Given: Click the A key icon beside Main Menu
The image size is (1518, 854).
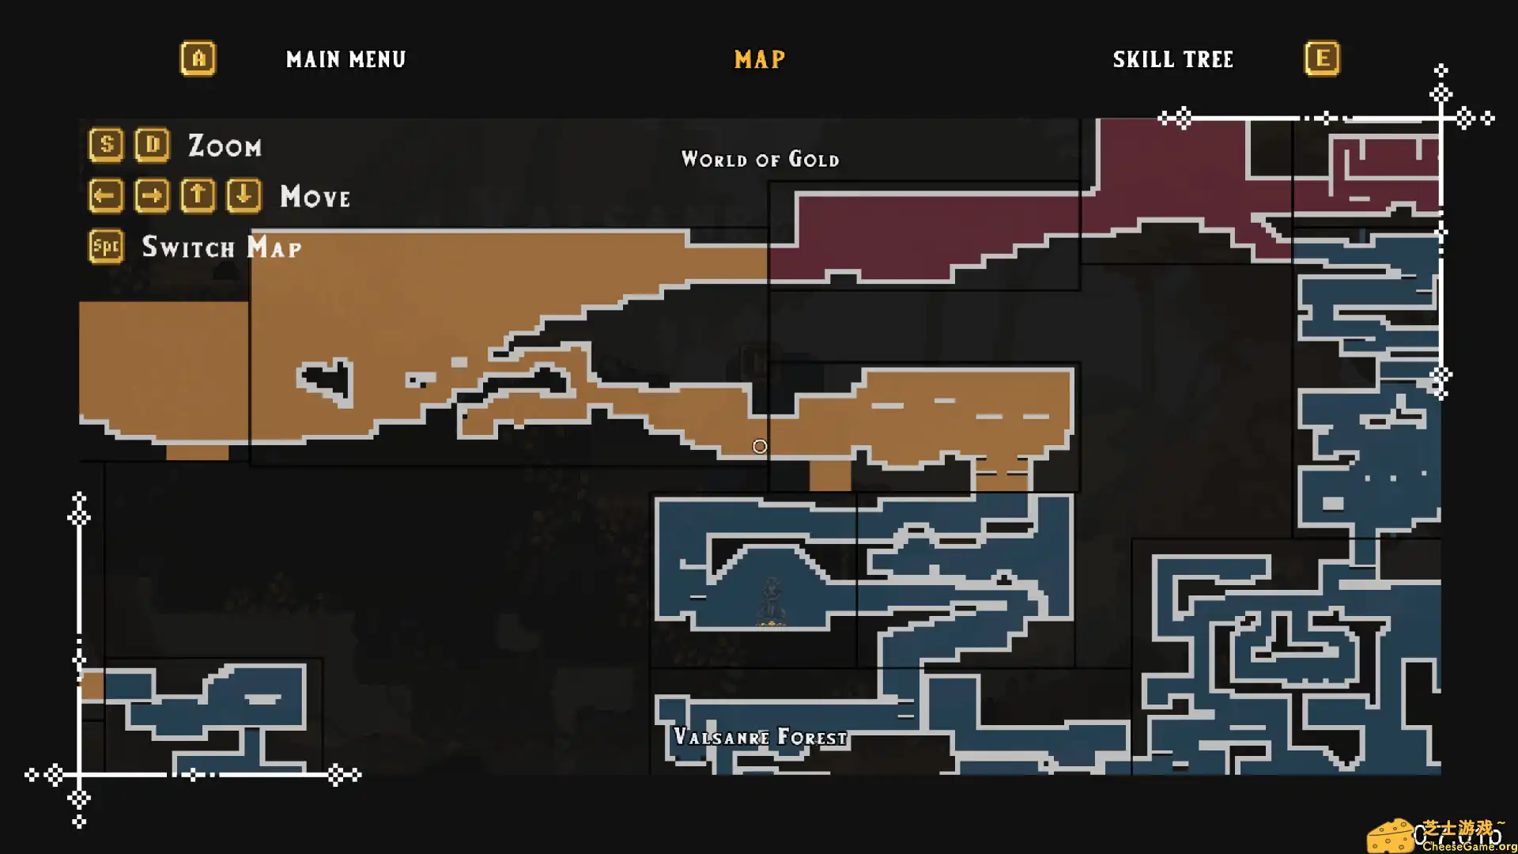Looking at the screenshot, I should pos(198,59).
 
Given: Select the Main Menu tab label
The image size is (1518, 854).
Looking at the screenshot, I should pos(346,59).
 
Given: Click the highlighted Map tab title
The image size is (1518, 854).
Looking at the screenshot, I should pos(759,59).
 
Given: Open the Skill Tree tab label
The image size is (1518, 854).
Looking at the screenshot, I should pos(1172,59).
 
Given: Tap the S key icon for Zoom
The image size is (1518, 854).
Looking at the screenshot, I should pos(106,145).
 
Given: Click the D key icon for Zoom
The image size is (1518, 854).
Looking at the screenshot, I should pos(152,145).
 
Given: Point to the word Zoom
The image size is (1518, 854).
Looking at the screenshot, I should pos(225,146).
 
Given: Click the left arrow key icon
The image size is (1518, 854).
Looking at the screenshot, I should pos(106,195).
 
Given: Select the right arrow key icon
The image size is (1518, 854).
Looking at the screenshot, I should pos(152,195).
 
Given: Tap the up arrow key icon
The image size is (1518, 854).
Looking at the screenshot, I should pos(198,195).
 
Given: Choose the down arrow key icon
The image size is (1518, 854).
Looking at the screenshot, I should pos(244,195).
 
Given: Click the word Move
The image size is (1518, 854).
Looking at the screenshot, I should pos(315,196).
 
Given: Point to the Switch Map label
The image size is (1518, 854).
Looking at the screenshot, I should pos(221,248).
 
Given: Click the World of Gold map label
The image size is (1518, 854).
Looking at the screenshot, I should pos(760,160).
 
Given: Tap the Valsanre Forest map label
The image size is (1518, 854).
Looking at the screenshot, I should pos(760,737).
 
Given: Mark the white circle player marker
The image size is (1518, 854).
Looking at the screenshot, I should pos(760,447).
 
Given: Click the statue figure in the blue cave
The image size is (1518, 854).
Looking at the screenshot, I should pos(771,601).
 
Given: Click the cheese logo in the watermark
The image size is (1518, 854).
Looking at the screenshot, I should pos(1390,837).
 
